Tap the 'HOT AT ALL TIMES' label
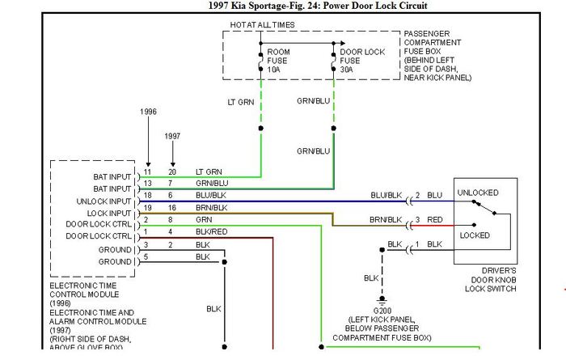pos(263,25)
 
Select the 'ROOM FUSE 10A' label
pos(278,61)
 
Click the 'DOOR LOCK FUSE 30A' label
pos(362,61)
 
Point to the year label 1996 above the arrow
pos(148,112)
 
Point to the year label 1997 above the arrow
pos(172,136)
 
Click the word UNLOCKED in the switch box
pos(478,193)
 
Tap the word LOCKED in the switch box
pos(475,235)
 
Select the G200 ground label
pos(382,311)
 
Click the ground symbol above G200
pos(382,300)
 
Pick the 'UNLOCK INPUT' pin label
pos(103,201)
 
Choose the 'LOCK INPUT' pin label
pos(109,214)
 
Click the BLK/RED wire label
pos(212,232)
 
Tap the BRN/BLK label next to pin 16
pos(212,208)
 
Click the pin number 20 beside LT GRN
pos(172,172)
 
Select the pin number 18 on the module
pos(147,195)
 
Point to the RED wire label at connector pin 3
pos(435,220)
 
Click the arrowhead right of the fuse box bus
pos(343,44)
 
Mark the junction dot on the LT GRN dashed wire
pos(261,128)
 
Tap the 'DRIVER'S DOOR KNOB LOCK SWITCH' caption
pos(491,280)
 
